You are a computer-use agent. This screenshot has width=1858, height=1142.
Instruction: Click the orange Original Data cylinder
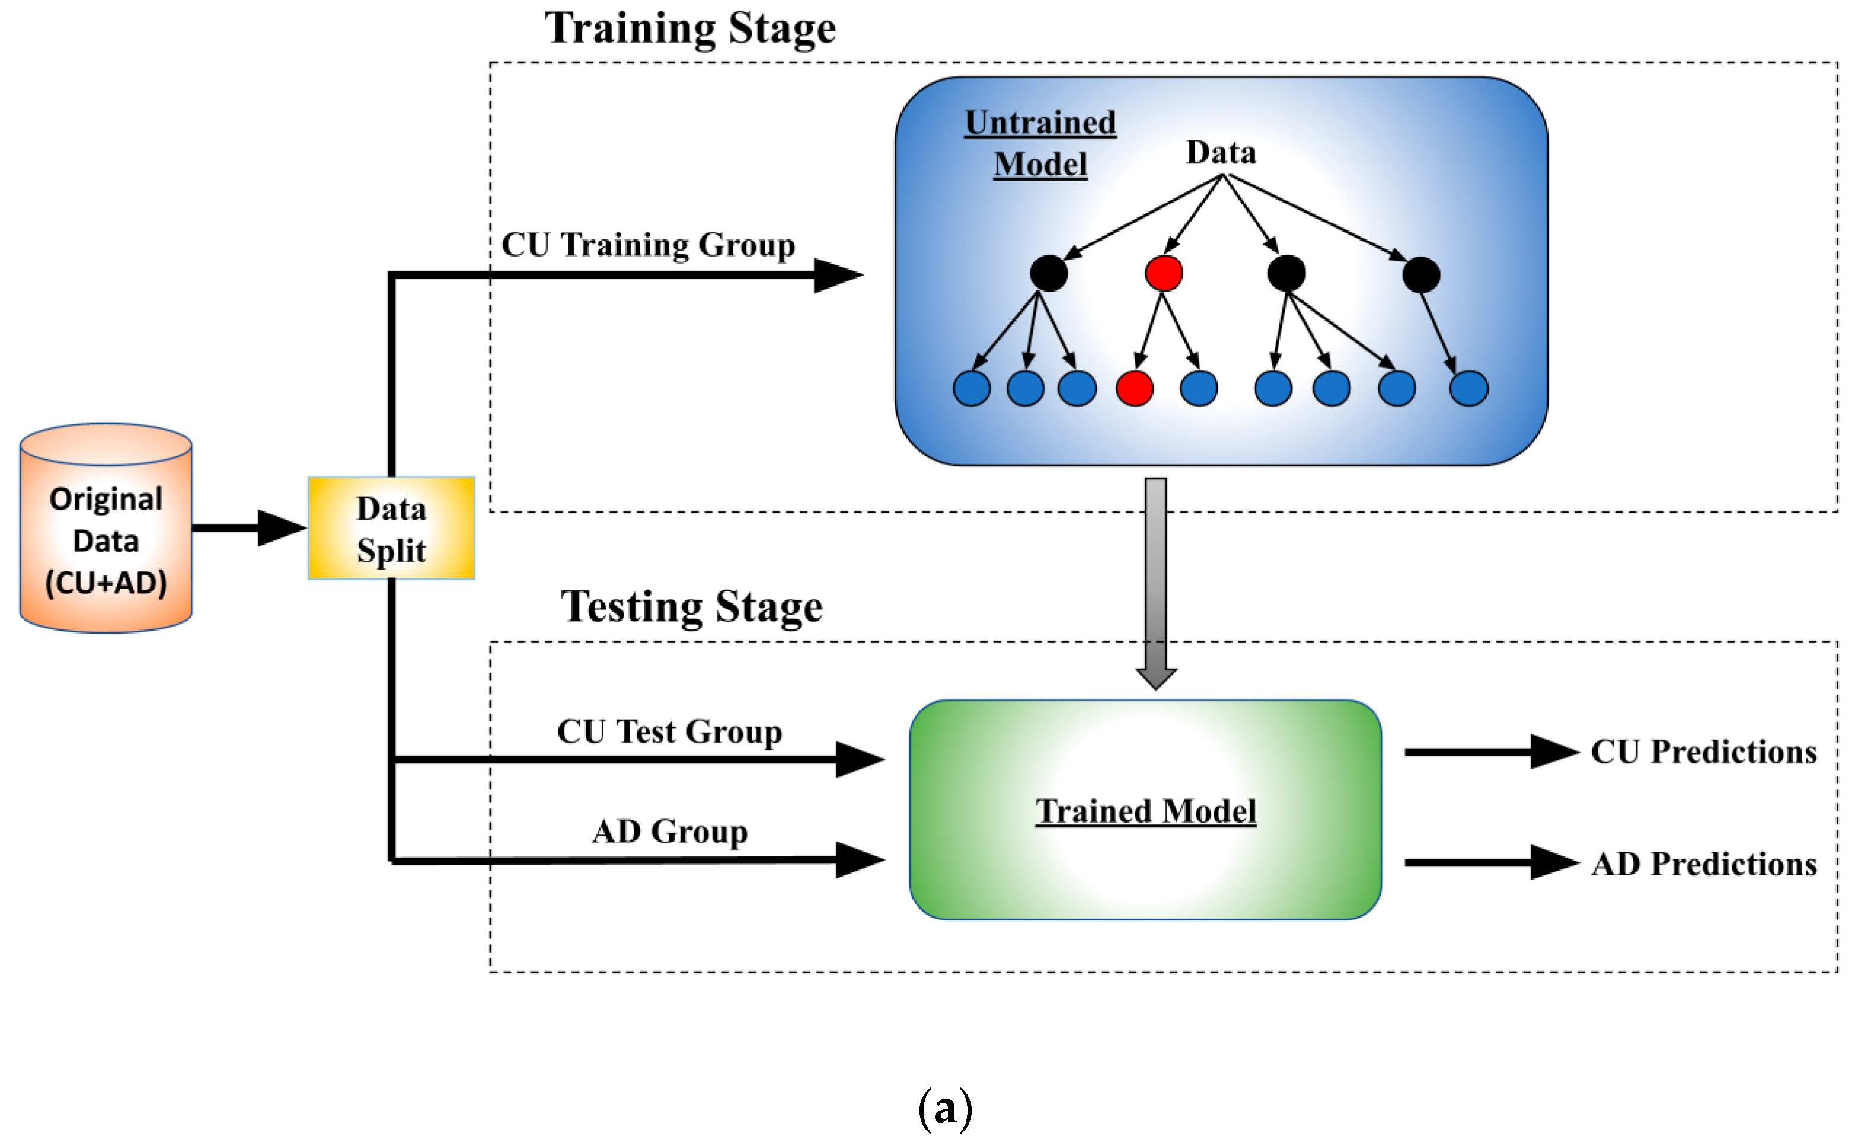(x=106, y=529)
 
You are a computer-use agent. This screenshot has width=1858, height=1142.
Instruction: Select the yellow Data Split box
(x=391, y=529)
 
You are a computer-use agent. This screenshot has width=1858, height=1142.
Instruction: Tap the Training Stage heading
(x=690, y=29)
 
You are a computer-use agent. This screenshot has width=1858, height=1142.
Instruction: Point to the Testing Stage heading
(x=691, y=606)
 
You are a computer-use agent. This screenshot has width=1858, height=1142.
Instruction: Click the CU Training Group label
(x=648, y=245)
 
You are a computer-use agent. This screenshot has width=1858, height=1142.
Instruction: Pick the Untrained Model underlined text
(x=1040, y=144)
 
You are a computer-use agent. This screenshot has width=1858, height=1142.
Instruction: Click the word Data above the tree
(x=1221, y=153)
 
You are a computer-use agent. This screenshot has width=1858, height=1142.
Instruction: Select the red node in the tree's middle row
(x=1163, y=273)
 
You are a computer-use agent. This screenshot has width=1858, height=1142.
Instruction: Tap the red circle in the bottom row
(x=1135, y=388)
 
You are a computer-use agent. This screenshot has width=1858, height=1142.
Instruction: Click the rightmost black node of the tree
(x=1421, y=274)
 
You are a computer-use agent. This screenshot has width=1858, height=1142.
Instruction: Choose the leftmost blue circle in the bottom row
(x=971, y=388)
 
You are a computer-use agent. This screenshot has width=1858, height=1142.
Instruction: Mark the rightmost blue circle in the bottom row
(x=1468, y=388)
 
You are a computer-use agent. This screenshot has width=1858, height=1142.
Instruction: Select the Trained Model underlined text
(x=1145, y=811)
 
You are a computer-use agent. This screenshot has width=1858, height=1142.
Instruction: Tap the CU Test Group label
(x=669, y=731)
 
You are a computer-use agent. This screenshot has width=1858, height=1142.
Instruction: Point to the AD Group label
(x=669, y=831)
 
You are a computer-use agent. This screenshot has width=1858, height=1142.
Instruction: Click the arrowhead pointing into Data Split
(x=281, y=528)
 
